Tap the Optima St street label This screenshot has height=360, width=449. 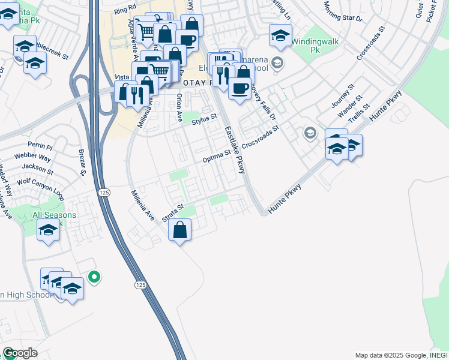point(217,157)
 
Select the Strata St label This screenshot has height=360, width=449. point(172,215)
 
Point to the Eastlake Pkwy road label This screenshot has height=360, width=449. point(235,150)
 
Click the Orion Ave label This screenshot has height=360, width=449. point(178,104)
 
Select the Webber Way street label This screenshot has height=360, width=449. point(32,158)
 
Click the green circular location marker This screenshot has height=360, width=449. point(94,277)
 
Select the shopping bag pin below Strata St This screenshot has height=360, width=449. point(179,230)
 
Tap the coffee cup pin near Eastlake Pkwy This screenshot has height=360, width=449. point(240,88)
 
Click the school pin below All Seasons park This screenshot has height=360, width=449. point(48,230)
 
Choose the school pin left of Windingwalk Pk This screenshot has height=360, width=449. point(280,36)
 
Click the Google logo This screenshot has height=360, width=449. point(20,353)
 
